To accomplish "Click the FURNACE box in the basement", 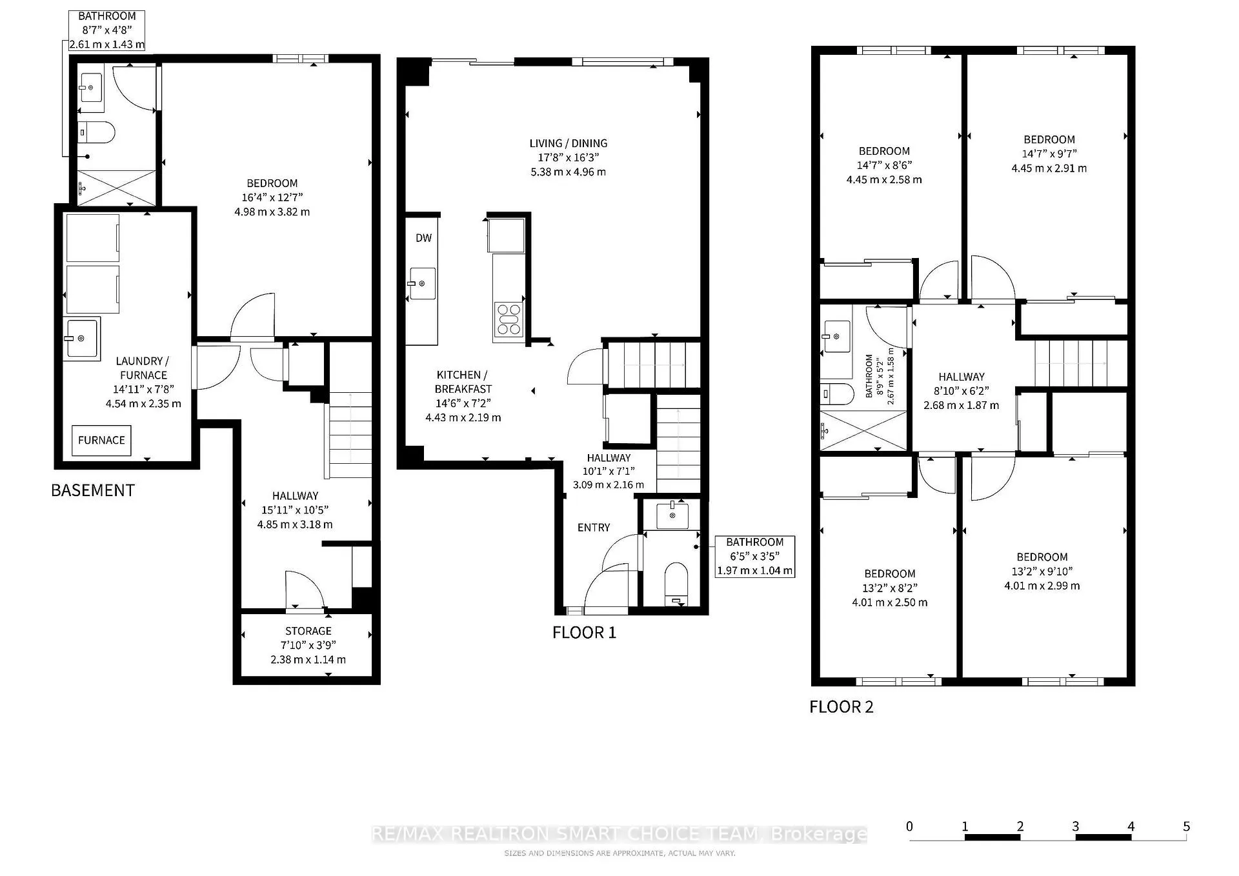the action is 101,441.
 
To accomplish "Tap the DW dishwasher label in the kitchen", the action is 423,238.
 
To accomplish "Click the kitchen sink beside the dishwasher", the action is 421,284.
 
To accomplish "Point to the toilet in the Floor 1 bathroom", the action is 676,582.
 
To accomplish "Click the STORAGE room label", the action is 308,631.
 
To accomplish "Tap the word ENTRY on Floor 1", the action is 594,528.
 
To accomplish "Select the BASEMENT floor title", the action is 93,490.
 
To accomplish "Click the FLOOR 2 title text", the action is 841,707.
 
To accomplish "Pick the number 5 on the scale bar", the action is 1186,826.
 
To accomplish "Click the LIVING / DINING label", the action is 569,143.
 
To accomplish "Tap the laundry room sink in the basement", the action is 82,338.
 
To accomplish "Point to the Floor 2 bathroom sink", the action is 836,337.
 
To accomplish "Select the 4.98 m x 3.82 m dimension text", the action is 272,212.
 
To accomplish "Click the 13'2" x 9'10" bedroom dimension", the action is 1042,572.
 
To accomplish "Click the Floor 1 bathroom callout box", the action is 755,556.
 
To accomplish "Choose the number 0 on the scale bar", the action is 910,826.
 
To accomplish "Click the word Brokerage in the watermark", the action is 820,834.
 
